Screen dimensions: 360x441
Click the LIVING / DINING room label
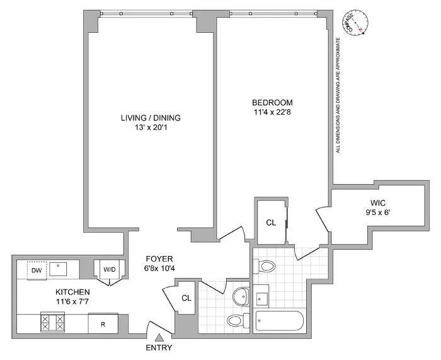point(147,118)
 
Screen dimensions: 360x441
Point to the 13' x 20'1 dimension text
point(147,128)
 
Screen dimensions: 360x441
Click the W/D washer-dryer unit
point(109,269)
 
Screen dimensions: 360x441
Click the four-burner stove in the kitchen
point(52,323)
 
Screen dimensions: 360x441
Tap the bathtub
point(280,322)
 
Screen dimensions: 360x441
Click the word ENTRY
point(159,348)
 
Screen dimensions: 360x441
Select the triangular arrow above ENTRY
point(159,339)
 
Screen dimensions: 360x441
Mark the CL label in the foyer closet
point(186,299)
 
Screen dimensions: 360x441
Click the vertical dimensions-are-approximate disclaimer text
point(338,95)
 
